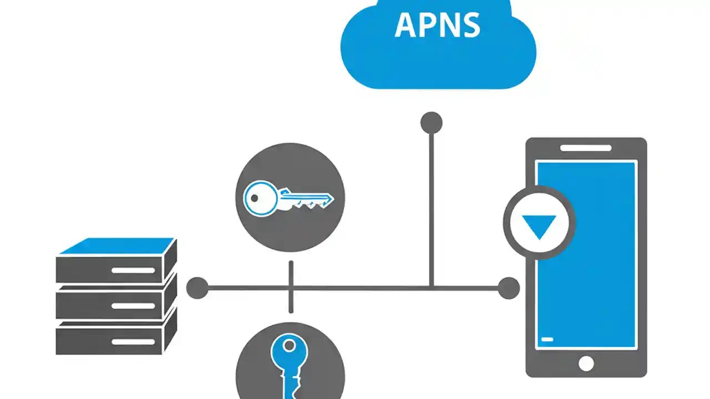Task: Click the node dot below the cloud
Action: (x=431, y=123)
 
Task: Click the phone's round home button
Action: (x=586, y=363)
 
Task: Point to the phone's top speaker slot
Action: (x=586, y=148)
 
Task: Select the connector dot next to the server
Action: (x=197, y=288)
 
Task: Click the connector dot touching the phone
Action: (x=508, y=288)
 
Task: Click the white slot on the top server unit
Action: (x=133, y=270)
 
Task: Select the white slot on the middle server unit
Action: (x=133, y=306)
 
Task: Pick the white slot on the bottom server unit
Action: (x=133, y=341)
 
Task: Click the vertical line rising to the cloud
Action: (x=431, y=211)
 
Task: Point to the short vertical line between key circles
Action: (x=291, y=287)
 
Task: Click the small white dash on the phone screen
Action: (x=547, y=339)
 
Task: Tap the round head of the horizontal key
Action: (x=259, y=198)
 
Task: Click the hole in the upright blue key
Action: (x=289, y=346)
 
